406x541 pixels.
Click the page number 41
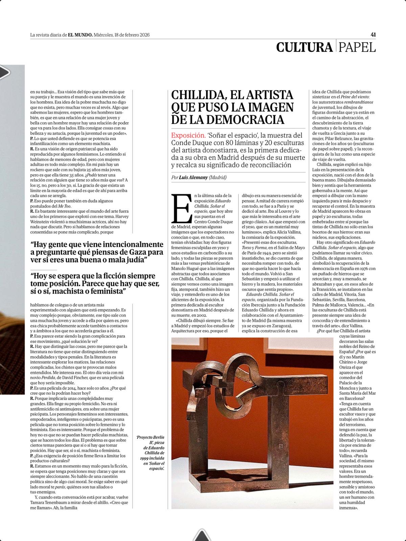pos(373,34)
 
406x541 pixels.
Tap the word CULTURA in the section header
pos(304,47)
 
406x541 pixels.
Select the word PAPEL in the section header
pos(357,47)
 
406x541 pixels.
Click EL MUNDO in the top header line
pos(80,35)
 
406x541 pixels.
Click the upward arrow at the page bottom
pos(202,535)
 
